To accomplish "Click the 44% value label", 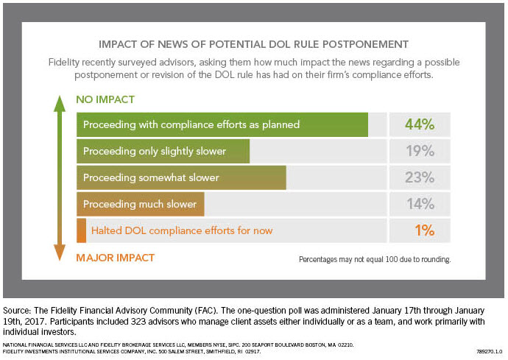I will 420,124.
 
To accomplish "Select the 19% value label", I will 420,152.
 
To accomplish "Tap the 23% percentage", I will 420,178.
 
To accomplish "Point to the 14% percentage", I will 420,204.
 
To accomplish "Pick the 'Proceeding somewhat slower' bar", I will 181,178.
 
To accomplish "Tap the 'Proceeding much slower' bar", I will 140,204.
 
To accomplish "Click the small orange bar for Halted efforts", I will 81,230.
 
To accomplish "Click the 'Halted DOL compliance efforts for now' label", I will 181,230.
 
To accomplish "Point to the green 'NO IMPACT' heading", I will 105,99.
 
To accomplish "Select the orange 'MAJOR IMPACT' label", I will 116,258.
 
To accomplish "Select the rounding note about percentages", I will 374,259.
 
